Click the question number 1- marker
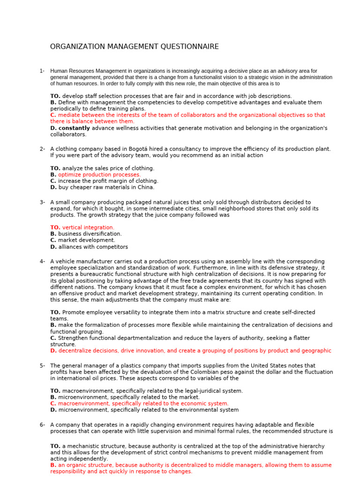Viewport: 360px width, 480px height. (42, 71)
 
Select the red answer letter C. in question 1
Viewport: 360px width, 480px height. (53, 115)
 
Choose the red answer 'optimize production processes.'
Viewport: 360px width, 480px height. (99, 174)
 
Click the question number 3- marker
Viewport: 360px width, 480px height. (42, 202)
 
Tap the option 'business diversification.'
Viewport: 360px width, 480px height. (90, 234)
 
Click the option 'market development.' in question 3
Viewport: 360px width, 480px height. (86, 240)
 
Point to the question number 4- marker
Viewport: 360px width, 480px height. (42, 261)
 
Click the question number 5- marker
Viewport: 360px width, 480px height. (42, 366)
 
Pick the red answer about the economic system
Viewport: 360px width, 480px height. (143, 404)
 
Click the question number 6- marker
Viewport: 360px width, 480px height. (42, 425)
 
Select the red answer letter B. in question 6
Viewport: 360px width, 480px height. (53, 465)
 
